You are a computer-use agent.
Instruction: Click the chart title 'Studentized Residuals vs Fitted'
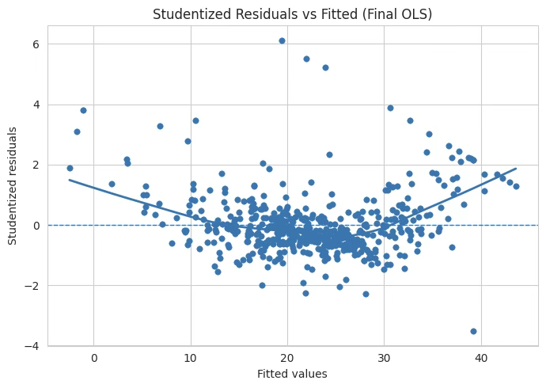(x=292, y=14)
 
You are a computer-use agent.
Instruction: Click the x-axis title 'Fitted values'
(x=292, y=374)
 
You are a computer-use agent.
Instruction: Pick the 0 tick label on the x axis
(x=93, y=358)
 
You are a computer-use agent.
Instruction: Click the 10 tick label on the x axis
(x=190, y=358)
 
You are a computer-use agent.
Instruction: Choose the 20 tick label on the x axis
(x=287, y=358)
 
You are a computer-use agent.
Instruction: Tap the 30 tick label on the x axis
(x=384, y=358)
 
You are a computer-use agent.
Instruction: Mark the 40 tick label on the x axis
(x=480, y=358)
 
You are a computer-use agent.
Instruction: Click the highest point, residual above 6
(x=282, y=40)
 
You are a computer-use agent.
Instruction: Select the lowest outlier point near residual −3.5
(x=473, y=331)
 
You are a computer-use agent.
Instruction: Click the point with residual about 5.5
(x=306, y=59)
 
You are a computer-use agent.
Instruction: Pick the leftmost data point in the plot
(x=70, y=168)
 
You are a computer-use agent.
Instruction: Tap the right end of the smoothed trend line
(x=515, y=169)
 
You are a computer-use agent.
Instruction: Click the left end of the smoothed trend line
(x=70, y=180)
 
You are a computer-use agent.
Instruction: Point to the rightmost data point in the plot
(x=516, y=186)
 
